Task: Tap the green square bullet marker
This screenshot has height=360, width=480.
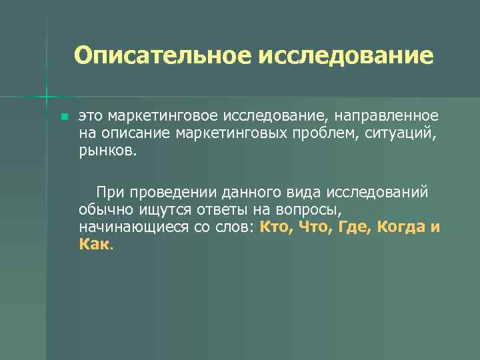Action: tap(64, 117)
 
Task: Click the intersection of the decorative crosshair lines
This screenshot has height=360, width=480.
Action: tap(47, 97)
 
